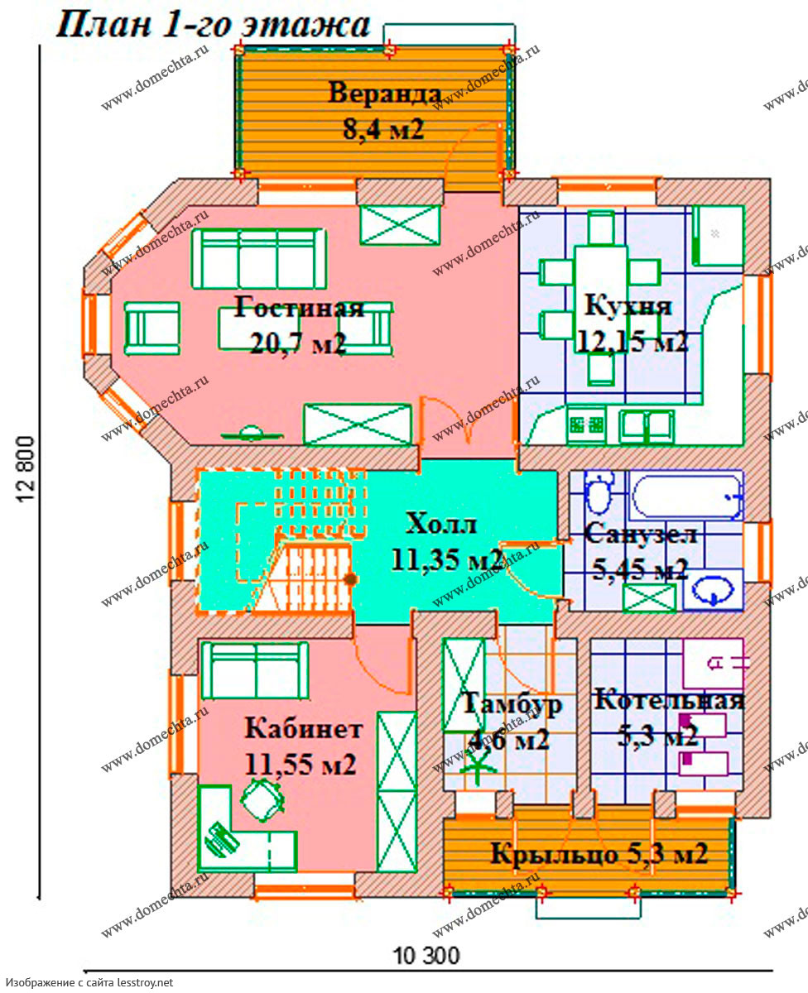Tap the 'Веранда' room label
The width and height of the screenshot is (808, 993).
384,93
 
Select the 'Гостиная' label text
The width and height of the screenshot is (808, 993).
298,307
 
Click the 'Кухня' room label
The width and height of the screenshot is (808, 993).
628,307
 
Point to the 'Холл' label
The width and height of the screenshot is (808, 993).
440,524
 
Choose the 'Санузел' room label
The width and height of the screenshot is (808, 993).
641,534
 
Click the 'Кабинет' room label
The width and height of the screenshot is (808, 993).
303,729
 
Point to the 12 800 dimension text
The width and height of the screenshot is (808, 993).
26,468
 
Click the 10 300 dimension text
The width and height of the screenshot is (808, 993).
427,956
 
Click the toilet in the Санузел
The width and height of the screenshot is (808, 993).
599,491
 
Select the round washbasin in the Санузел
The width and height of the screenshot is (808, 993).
712,590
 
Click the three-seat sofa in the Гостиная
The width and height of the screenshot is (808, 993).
259,259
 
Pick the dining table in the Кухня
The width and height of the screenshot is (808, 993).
600,299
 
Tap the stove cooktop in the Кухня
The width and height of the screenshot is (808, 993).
586,425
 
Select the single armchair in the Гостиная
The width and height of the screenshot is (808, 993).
152,329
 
